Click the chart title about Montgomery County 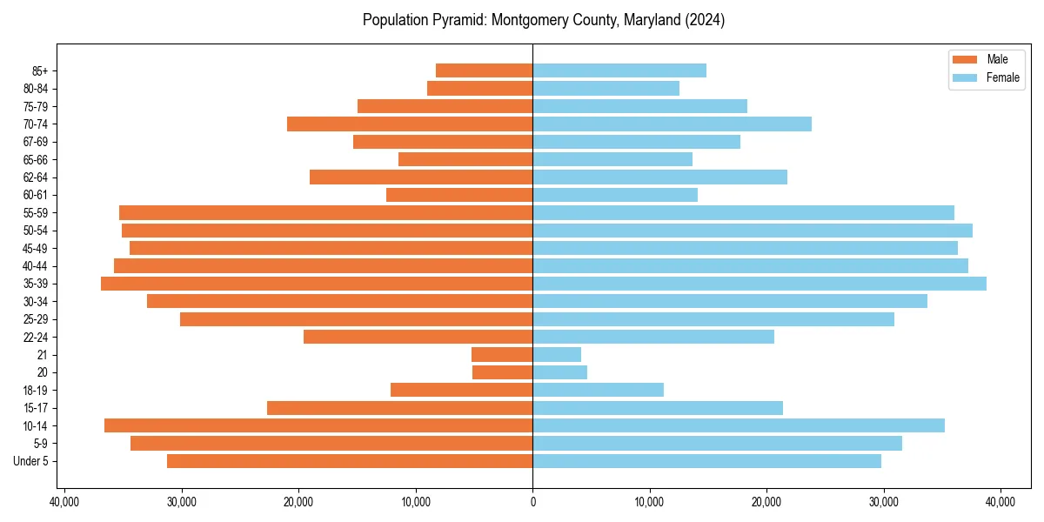[x=544, y=20]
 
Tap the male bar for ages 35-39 [x=317, y=284]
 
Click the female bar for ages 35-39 [x=760, y=284]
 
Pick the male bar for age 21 [x=502, y=354]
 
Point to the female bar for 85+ [x=619, y=70]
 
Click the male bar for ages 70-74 [x=410, y=124]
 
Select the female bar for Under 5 [x=706, y=461]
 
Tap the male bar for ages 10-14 [x=318, y=425]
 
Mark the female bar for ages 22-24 [x=653, y=337]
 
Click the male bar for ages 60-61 [x=459, y=195]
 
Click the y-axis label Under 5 [x=30, y=461]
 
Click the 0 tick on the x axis [x=532, y=502]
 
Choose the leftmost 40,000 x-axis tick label [x=64, y=502]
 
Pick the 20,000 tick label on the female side [x=766, y=502]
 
